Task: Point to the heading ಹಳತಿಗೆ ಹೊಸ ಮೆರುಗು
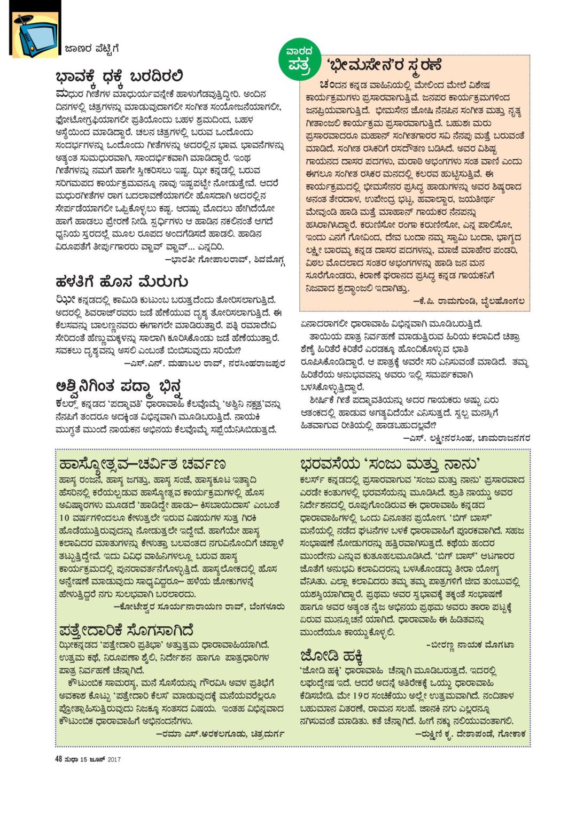point(121,282)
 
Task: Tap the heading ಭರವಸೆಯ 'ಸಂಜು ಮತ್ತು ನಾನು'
point(390,463)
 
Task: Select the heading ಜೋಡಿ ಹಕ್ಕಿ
point(332,655)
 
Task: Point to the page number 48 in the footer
point(59,759)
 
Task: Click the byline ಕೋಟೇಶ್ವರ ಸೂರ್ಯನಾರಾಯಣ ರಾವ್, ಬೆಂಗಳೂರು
point(199,607)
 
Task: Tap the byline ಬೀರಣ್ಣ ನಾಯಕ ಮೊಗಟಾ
point(470,645)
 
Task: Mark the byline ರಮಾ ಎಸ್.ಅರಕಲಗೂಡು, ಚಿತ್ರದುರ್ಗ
point(220,734)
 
